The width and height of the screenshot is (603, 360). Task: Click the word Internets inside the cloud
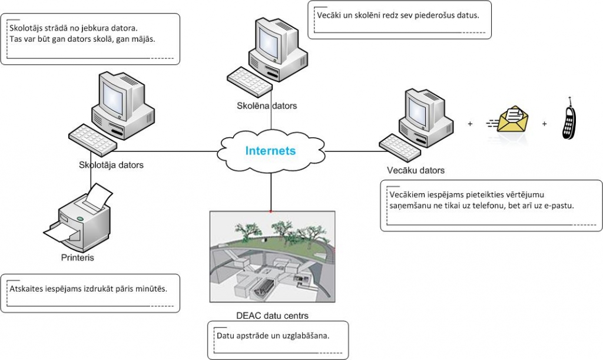pyautogui.click(x=270, y=151)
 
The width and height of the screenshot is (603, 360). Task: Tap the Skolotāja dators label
pyautogui.click(x=111, y=165)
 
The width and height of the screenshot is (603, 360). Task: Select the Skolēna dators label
pyautogui.click(x=263, y=106)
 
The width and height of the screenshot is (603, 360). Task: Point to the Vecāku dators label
pyautogui.click(x=415, y=170)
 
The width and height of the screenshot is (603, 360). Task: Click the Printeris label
pyautogui.click(x=77, y=257)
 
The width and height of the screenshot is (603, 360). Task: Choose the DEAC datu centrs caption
pyautogui.click(x=272, y=315)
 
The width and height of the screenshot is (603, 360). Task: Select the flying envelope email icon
pyautogui.click(x=510, y=119)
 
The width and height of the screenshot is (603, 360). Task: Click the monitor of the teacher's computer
pyautogui.click(x=113, y=93)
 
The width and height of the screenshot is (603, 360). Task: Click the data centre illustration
pyautogui.click(x=272, y=256)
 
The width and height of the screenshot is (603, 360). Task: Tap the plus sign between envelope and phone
pyautogui.click(x=544, y=124)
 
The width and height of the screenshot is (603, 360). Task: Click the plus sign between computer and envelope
pyautogui.click(x=470, y=124)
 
